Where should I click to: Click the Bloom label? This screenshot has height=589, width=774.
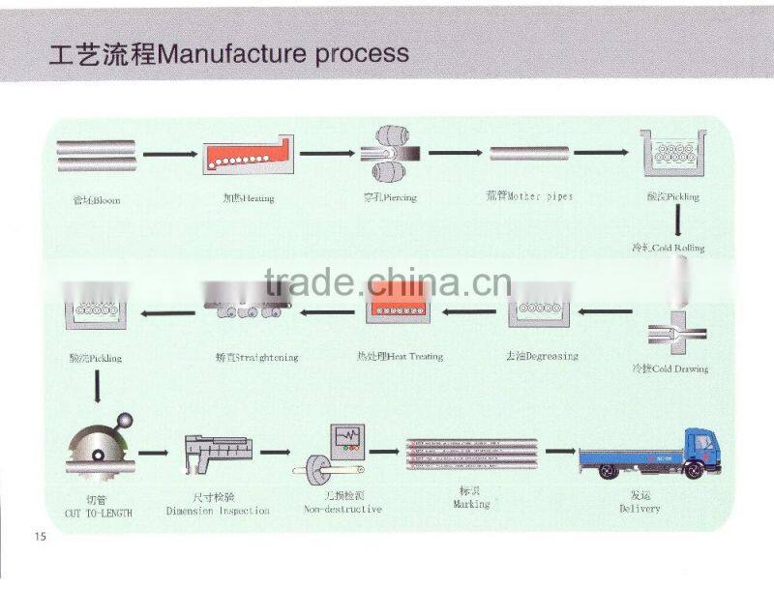[x=97, y=200]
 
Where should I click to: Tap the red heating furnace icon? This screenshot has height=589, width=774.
[x=247, y=154]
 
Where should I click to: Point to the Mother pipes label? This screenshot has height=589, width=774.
[x=529, y=196]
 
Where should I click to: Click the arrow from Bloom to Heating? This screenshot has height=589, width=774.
[x=171, y=154]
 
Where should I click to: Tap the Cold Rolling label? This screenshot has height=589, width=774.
[x=668, y=248]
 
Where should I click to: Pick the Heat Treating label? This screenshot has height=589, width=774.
[x=401, y=356]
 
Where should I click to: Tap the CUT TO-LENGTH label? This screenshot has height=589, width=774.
[x=98, y=513]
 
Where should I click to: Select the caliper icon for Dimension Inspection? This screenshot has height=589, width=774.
[x=218, y=452]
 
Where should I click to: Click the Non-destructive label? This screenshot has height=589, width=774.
[x=342, y=509]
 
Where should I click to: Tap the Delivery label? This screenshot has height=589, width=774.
[x=640, y=508]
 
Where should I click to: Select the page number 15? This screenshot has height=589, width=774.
[x=40, y=536]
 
